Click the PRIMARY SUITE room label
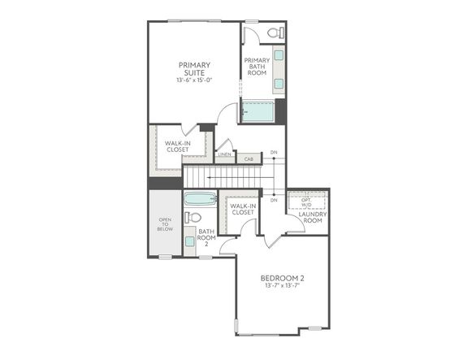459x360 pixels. coord(194,69)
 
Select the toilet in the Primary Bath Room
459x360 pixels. coord(274,33)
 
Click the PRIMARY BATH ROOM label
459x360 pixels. coord(258,66)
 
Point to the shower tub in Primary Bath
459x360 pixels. coord(258,110)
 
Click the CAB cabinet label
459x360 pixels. coord(249,159)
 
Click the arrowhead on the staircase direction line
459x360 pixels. coord(210,175)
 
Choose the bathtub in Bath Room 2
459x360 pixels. coord(199,199)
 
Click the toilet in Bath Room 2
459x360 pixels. coord(193,218)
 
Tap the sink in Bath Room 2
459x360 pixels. coord(189,241)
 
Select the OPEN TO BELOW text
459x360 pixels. coord(165,224)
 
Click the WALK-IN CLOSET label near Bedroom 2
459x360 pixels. coord(242,210)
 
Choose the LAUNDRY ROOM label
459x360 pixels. coord(313,217)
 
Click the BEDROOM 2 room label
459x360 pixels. coord(282,279)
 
